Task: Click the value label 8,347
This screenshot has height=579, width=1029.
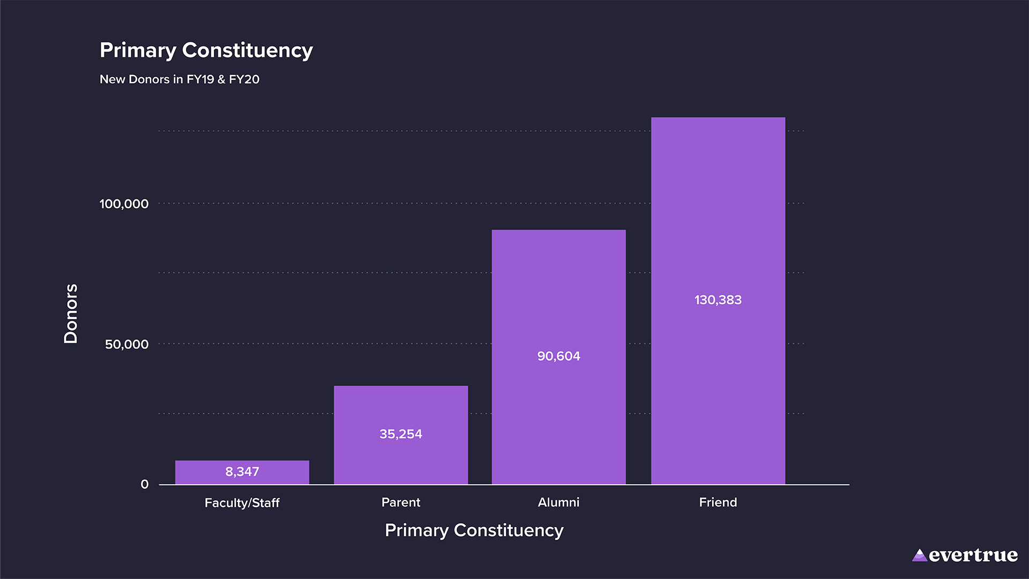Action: pyautogui.click(x=242, y=472)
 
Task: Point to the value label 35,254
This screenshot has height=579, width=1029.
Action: pyautogui.click(x=401, y=434)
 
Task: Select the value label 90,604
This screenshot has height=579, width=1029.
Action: pyautogui.click(x=558, y=356)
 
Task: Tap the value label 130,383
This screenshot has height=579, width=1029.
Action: pyautogui.click(x=718, y=300)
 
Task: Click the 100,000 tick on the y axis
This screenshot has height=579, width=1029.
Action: pyautogui.click(x=124, y=204)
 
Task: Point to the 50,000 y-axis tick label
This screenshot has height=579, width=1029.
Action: pyautogui.click(x=126, y=344)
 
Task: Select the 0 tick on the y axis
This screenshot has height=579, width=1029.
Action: pyautogui.click(x=145, y=484)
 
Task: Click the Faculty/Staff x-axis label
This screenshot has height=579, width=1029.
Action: pyautogui.click(x=242, y=503)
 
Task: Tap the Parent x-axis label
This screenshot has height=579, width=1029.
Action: pyautogui.click(x=401, y=502)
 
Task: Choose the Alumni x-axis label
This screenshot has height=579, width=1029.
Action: pyautogui.click(x=558, y=502)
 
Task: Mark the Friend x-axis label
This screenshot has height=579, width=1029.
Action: pyautogui.click(x=718, y=502)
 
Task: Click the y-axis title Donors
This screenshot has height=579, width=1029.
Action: pyautogui.click(x=71, y=314)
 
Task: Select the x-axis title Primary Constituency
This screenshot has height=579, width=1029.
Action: pyautogui.click(x=474, y=530)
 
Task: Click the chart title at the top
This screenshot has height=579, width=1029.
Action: pyautogui.click(x=206, y=50)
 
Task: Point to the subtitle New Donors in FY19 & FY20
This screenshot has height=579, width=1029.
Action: pyautogui.click(x=180, y=79)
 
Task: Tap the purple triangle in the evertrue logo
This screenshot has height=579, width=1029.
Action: pyautogui.click(x=920, y=555)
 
